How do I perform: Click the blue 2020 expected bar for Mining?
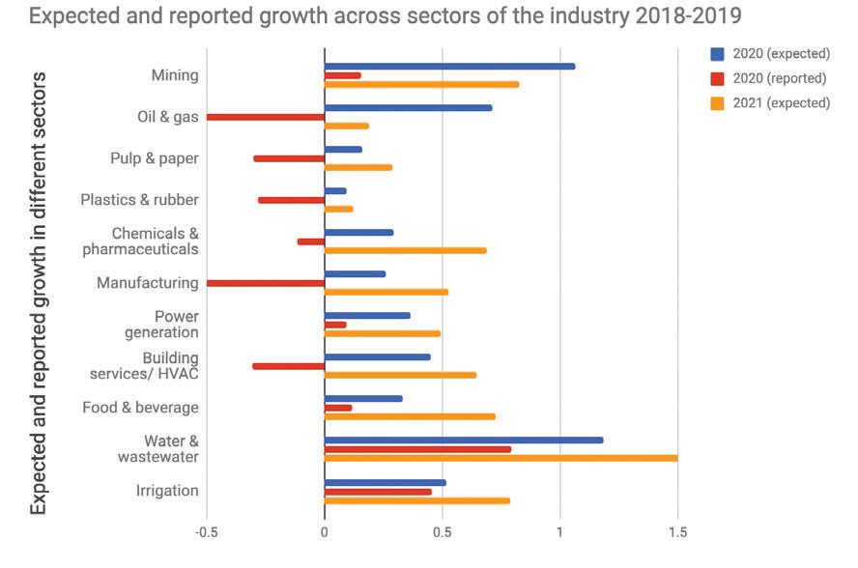(449, 66)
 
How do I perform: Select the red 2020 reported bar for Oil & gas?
(266, 117)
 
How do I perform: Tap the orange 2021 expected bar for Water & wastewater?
(500, 458)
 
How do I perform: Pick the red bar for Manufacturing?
(266, 283)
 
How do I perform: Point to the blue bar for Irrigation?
(385, 482)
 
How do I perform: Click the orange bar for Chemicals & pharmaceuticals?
(405, 250)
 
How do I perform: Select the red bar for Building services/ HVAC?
(288, 366)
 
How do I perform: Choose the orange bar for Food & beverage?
(410, 416)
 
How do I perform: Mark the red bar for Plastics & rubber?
(291, 200)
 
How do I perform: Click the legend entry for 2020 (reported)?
(779, 78)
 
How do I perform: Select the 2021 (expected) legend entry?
(779, 102)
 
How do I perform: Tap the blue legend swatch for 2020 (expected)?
(718, 54)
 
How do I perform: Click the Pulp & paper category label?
(155, 157)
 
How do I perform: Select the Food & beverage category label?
(141, 408)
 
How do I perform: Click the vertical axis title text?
(39, 290)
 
